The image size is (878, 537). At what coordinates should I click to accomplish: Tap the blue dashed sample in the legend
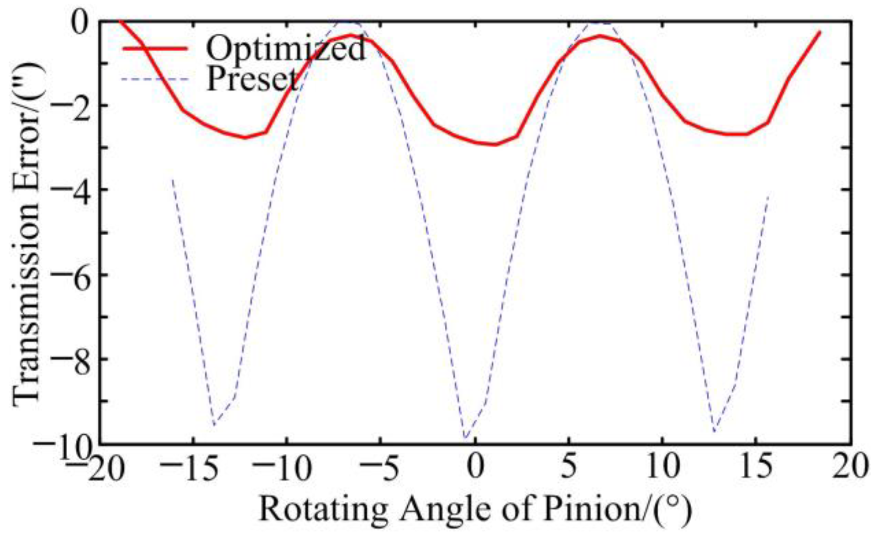click(155, 79)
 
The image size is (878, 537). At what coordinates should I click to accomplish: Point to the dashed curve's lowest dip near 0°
click(465, 439)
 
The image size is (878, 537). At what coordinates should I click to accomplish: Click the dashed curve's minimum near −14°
click(213, 425)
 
